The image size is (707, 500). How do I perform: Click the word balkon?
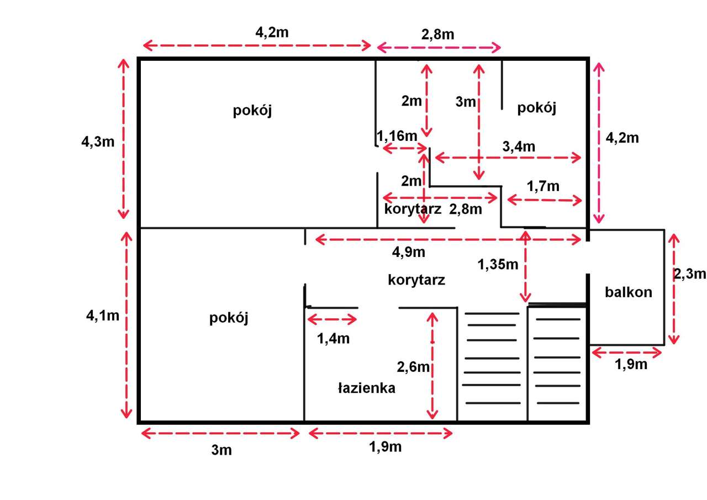[628, 292]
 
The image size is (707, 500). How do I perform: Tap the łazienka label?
[366, 388]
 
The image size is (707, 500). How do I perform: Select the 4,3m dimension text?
[98, 142]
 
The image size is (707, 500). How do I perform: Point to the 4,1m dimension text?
[103, 315]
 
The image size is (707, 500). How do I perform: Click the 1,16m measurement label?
[397, 136]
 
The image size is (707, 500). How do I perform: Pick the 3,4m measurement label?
[519, 146]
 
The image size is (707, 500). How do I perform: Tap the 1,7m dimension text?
[543, 186]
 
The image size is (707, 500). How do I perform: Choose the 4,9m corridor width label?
[408, 252]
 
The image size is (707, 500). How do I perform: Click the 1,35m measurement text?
[498, 264]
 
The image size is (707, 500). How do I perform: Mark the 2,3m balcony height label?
[690, 273]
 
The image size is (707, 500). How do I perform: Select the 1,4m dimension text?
[333, 339]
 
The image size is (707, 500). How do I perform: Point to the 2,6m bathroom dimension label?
[413, 367]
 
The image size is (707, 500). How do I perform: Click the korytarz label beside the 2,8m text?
[413, 209]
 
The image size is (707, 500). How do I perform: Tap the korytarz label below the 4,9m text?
[416, 280]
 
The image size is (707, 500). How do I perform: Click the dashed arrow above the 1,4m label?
[332, 319]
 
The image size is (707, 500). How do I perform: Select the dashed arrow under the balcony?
[626, 352]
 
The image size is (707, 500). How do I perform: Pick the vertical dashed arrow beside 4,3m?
[123, 139]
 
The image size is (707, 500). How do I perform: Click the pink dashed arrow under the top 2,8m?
[439, 48]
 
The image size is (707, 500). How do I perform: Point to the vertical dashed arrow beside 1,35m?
[525, 266]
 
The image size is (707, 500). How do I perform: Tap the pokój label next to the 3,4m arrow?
[536, 108]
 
